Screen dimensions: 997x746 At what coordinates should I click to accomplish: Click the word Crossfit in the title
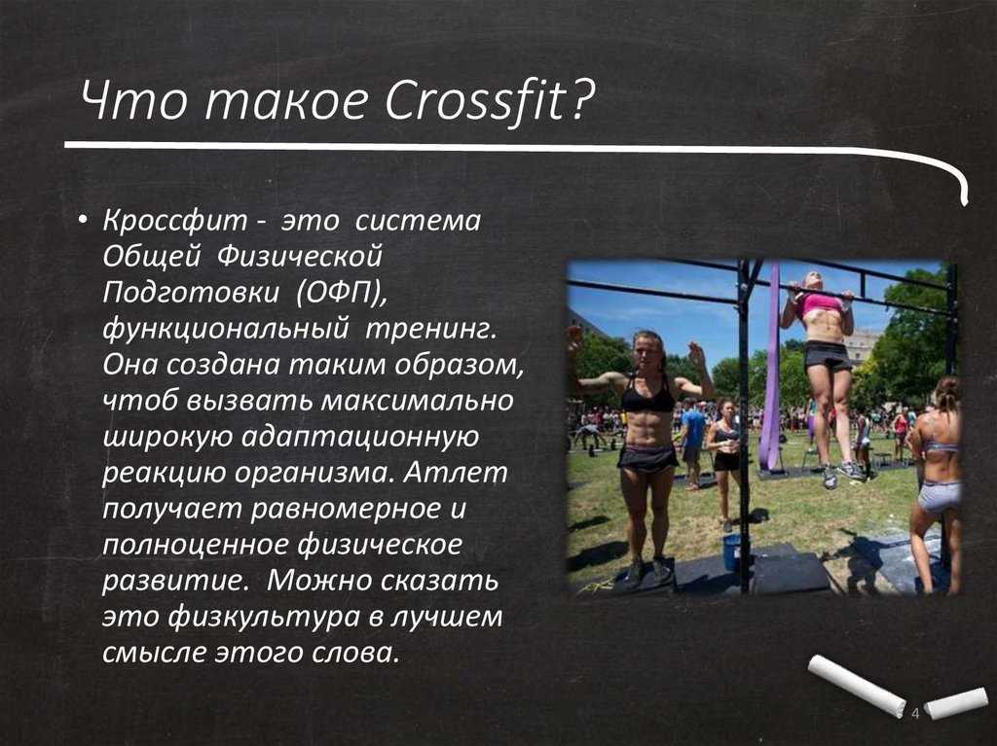(x=475, y=99)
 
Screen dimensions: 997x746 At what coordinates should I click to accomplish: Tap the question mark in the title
(x=580, y=99)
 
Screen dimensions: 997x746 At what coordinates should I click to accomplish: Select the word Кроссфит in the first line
(x=175, y=222)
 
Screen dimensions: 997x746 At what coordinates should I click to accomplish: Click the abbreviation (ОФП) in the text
(x=342, y=293)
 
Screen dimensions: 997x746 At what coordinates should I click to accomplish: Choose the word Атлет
(x=456, y=473)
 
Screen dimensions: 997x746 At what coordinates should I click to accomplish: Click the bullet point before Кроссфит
(x=82, y=220)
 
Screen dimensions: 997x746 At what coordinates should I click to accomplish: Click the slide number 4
(x=915, y=713)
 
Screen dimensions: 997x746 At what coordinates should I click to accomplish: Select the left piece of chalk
(x=856, y=685)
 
